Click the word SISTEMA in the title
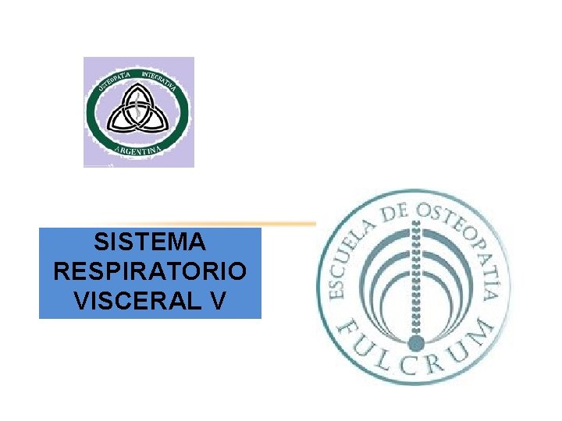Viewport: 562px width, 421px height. pyautogui.click(x=149, y=242)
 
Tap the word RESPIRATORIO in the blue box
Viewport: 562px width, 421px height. pyautogui.click(x=150, y=271)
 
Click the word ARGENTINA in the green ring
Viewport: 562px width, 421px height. pyautogui.click(x=137, y=147)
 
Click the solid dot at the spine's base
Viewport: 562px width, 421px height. pyautogui.click(x=417, y=342)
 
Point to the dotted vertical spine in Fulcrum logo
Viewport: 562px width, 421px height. pyautogui.click(x=417, y=281)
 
